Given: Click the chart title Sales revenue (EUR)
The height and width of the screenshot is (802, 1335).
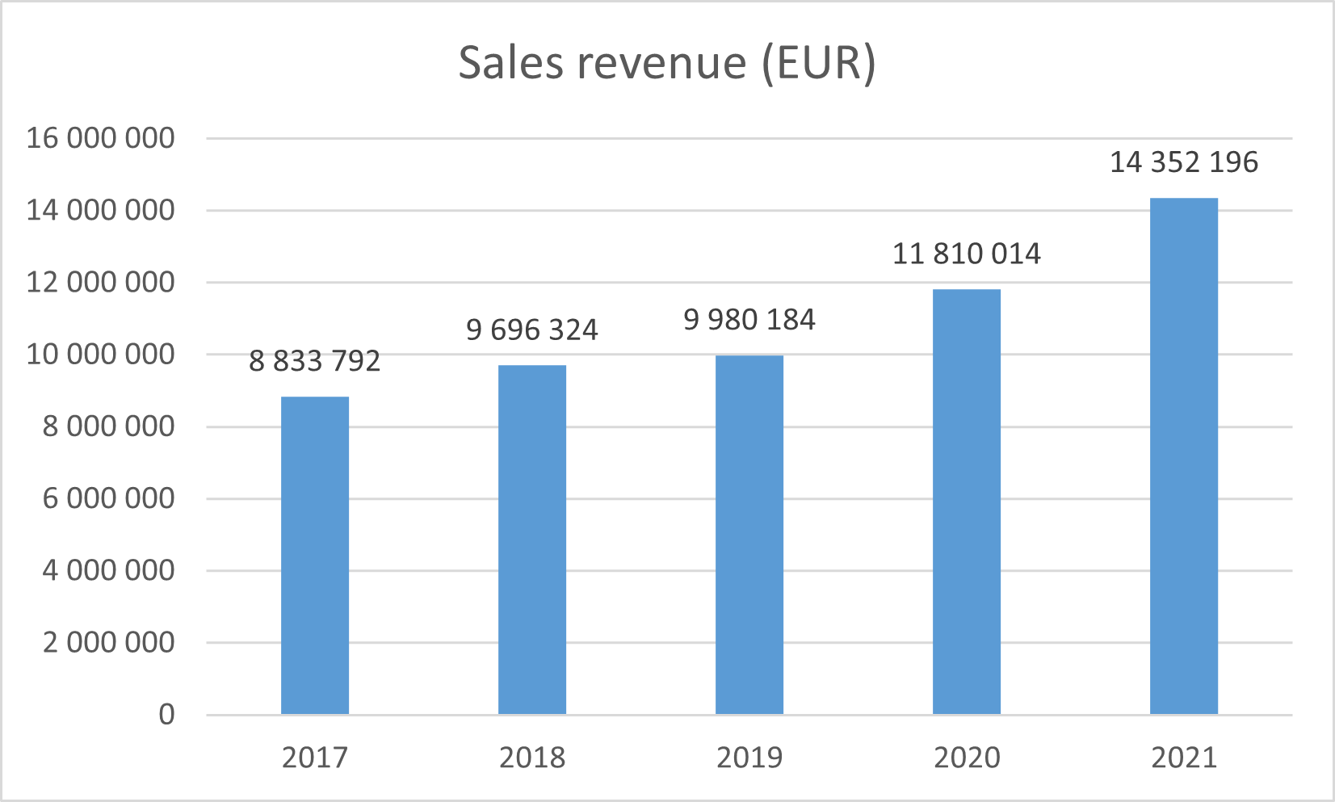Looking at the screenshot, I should tap(667, 62).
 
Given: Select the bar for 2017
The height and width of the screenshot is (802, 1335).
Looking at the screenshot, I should tap(315, 555).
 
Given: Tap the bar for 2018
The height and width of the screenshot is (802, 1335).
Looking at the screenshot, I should tap(532, 539).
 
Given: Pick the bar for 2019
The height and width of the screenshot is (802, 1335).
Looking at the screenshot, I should tap(749, 534).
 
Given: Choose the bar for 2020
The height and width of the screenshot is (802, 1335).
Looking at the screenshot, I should tap(967, 501).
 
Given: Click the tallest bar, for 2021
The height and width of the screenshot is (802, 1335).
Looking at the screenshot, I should tap(1184, 456).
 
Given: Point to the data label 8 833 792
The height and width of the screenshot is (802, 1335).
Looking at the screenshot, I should tap(315, 361).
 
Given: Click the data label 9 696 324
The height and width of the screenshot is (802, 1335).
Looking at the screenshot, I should tap(532, 330).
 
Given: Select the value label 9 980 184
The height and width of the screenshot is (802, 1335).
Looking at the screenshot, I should tap(749, 320).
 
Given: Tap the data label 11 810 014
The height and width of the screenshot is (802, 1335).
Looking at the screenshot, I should tap(967, 254).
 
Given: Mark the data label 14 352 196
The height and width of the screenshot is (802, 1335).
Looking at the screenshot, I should tap(1184, 162).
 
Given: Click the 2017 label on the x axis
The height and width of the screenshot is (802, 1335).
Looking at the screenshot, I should tap(315, 758).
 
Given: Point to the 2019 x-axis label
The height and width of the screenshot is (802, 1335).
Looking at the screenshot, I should tap(749, 758).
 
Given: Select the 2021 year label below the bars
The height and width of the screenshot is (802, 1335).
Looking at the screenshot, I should tap(1184, 758).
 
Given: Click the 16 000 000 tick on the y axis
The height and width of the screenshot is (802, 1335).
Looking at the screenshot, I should tap(101, 138).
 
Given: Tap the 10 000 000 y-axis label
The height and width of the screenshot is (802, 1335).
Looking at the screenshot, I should tap(101, 354).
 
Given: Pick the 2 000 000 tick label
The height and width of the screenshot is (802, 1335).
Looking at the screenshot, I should tap(109, 643).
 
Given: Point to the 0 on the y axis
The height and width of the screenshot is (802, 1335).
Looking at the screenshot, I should tap(166, 715).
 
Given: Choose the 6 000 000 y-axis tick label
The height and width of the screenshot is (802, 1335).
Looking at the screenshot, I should tap(109, 498).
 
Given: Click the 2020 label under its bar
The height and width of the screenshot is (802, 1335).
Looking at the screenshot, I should tap(967, 758).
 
